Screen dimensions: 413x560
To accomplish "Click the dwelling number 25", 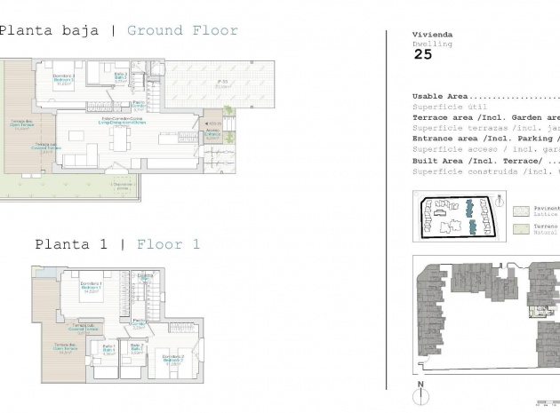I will tap(423, 54).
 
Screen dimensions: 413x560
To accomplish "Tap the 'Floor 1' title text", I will tap(168, 243).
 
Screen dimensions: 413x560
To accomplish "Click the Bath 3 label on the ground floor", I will tap(122, 78).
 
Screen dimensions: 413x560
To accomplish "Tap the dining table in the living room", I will tap(119, 140).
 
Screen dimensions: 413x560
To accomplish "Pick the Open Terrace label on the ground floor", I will tap(21, 123).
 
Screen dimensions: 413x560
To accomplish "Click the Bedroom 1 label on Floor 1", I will tap(86, 286).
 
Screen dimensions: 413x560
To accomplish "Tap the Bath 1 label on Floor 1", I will tap(109, 348).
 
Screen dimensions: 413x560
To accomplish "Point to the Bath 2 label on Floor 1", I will tap(137, 348).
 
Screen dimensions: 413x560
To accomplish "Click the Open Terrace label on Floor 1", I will tap(62, 346).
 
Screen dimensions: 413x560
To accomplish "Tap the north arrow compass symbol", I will tap(420, 391).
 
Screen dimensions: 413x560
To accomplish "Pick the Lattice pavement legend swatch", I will tap(521, 210).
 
